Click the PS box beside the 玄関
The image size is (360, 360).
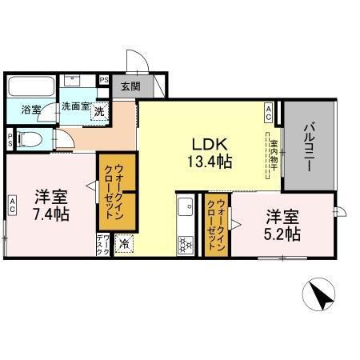[x=104, y=79]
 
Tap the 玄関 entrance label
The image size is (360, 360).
[x=130, y=86]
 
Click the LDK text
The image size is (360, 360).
[x=210, y=144]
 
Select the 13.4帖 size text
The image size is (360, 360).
[x=210, y=162]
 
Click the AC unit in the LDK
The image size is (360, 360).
[x=269, y=113]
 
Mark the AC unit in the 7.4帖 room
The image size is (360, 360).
[x=12, y=204]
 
